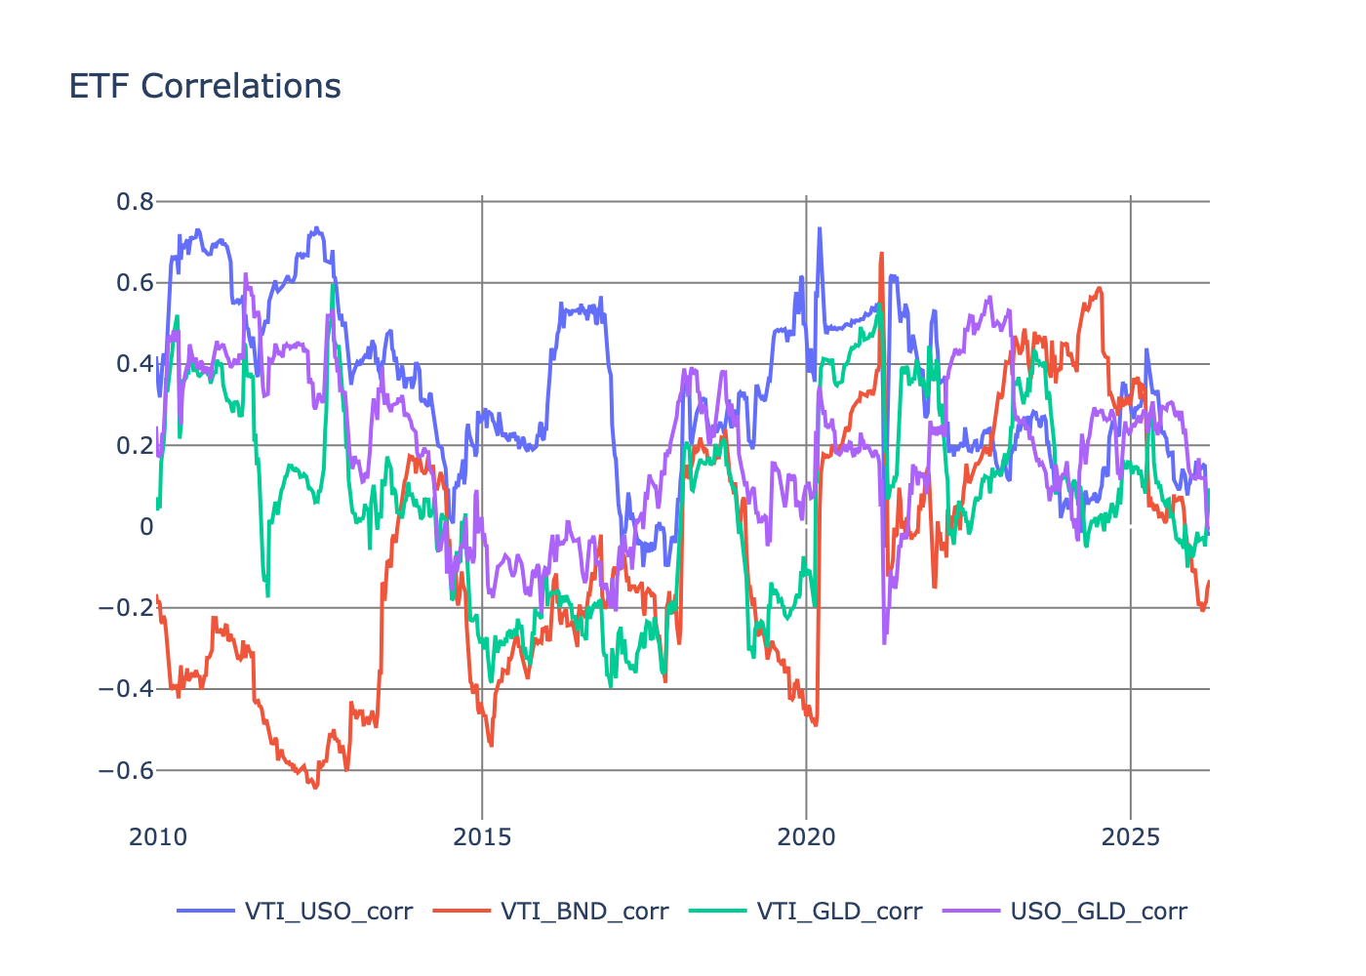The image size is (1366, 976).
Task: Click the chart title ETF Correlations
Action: point(205,86)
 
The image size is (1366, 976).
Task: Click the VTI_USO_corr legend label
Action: point(329,912)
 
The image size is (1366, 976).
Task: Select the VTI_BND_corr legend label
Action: point(584,912)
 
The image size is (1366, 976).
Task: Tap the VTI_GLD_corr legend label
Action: point(839,912)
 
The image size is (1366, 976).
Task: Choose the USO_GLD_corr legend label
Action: point(1099,912)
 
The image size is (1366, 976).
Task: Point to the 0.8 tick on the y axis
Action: point(135,202)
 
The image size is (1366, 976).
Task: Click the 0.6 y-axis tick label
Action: point(135,283)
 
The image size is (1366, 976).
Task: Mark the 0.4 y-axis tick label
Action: point(135,364)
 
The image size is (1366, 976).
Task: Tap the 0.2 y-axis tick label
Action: point(135,446)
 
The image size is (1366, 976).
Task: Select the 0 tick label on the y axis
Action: point(146,527)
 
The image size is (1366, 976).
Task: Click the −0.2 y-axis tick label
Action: point(127,608)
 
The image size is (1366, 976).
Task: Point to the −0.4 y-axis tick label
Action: point(127,689)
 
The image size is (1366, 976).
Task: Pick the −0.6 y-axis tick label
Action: point(127,770)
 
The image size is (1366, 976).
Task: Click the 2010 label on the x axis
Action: point(158,837)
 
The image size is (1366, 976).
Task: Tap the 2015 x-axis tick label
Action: point(482,837)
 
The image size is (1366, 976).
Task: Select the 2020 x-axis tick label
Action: point(806,837)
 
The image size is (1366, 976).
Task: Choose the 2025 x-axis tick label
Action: point(1130,837)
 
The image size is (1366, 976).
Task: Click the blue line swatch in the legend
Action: point(206,912)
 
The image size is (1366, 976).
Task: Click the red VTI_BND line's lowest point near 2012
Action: point(315,787)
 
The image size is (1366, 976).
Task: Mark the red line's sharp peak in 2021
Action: point(881,254)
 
